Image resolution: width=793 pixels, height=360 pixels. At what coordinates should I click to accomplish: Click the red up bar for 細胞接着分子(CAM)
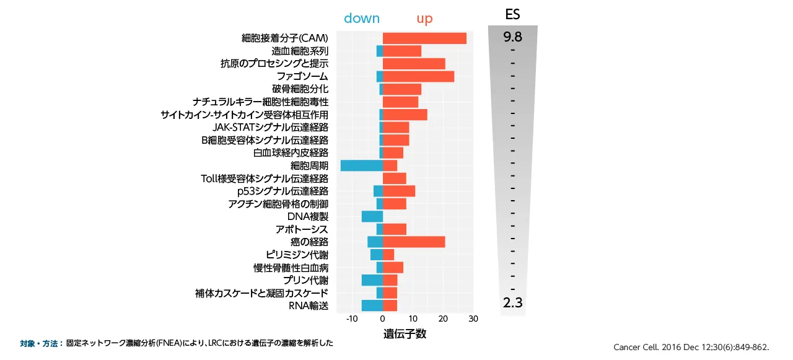coord(424,38)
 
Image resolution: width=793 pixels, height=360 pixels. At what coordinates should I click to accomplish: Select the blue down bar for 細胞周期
coord(362,165)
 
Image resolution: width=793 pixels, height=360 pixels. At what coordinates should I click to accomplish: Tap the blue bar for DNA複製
coord(372,216)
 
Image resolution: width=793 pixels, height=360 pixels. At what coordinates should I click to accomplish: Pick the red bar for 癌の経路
coord(414,242)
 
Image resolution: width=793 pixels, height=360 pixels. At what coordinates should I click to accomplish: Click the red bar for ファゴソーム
coord(418,77)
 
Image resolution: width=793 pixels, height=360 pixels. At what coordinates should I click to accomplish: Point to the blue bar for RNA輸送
coord(372,305)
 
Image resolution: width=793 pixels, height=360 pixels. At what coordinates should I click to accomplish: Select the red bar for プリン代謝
coord(390,280)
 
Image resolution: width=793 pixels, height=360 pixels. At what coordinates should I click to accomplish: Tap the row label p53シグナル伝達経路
coord(278,191)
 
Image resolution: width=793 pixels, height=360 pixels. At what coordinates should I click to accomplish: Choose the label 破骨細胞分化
coord(300,89)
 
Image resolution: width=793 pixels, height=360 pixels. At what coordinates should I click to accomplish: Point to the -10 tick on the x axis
coord(352,319)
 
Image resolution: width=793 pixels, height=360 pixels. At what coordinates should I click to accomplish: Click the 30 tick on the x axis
coord(473,319)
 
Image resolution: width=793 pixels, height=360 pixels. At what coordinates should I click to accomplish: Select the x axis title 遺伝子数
coord(405,334)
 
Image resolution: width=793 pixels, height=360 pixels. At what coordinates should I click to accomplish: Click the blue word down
coord(362,19)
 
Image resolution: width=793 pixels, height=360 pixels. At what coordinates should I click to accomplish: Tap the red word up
coord(424,19)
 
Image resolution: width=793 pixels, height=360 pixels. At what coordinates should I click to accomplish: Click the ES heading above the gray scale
coord(512,14)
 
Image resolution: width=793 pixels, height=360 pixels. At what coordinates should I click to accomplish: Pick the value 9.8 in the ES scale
coord(512,37)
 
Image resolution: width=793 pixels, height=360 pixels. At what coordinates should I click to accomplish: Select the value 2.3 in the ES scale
coord(512,303)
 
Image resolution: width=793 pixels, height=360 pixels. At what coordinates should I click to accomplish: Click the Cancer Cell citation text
coord(691,347)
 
